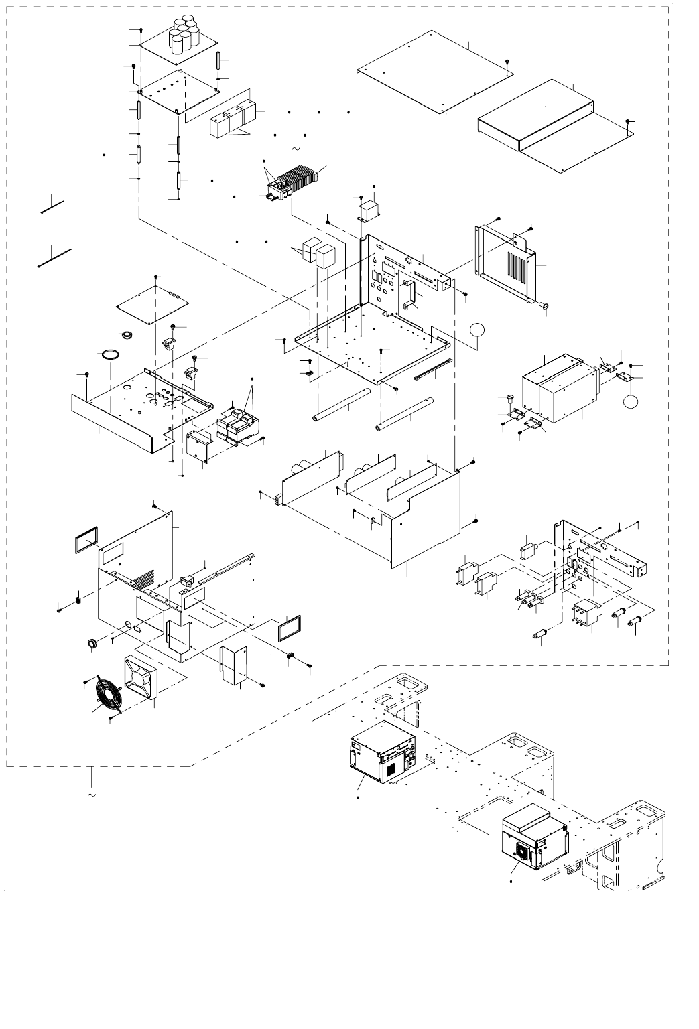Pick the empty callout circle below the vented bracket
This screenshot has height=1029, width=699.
pos(476,328)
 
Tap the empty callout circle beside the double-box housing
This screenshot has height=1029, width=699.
pos(631,401)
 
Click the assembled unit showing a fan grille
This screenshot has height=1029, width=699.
pos(533,837)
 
